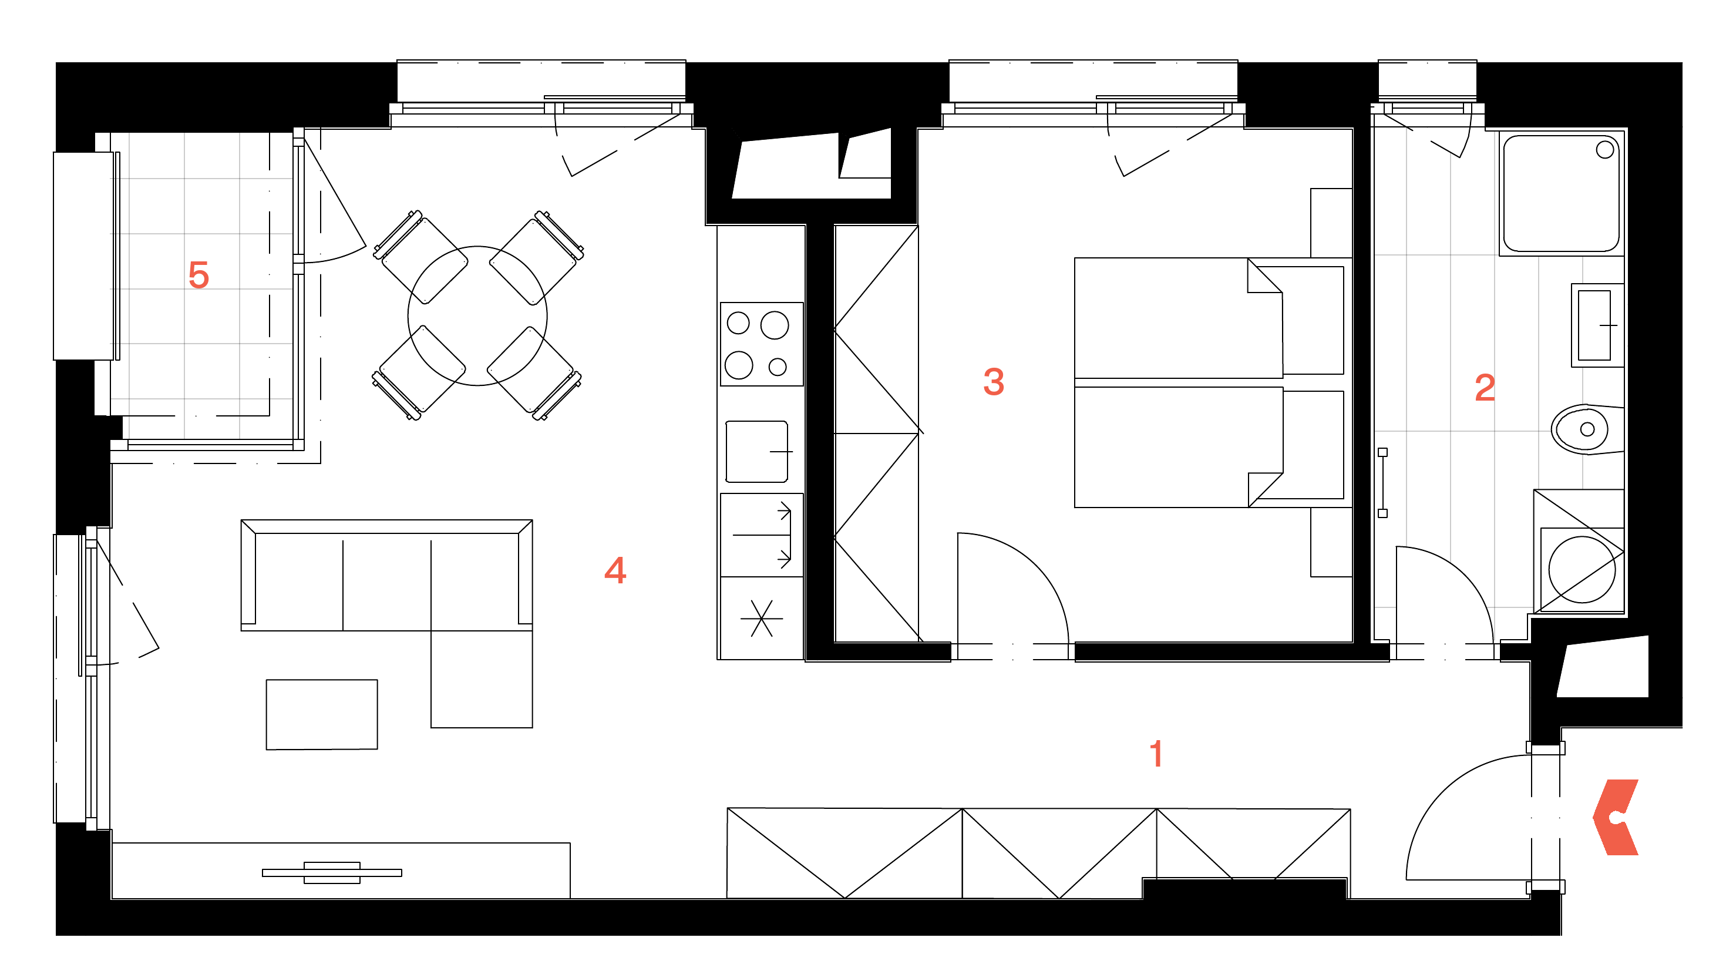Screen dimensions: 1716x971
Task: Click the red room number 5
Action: [198, 275]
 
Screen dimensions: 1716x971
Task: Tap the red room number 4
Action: [615, 570]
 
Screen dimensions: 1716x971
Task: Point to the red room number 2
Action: [1485, 388]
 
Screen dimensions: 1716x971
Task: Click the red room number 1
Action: [1157, 754]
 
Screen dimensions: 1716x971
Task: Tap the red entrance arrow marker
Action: [1616, 817]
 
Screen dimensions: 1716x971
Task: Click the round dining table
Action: [477, 315]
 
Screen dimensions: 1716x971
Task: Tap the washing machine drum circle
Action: [1582, 570]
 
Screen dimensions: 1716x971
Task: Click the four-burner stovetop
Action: [761, 344]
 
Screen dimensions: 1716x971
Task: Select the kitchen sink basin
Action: [756, 452]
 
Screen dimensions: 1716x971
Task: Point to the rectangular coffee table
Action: [322, 714]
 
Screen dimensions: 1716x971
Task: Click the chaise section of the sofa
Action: [482, 679]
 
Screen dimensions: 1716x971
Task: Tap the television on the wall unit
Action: [332, 873]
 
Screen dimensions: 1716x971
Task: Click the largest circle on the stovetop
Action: [775, 325]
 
